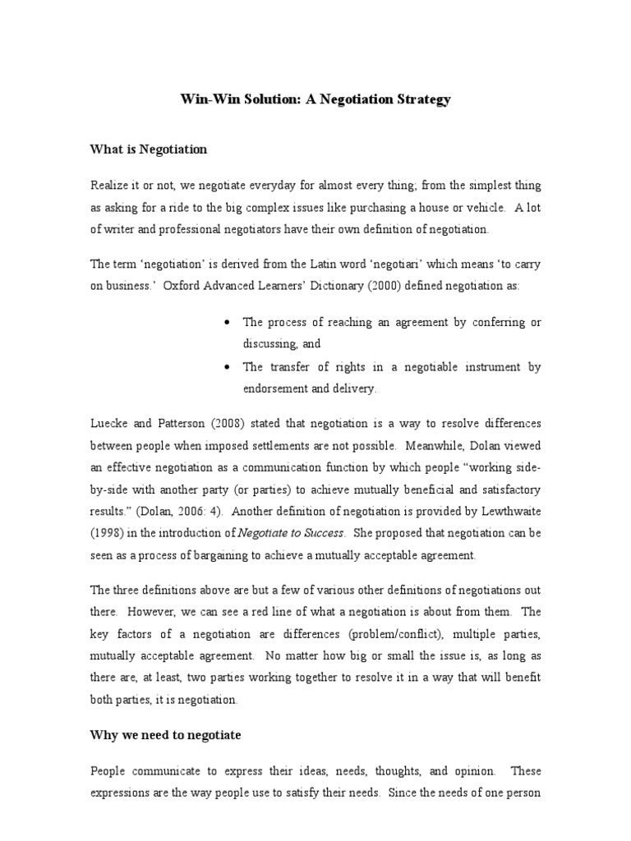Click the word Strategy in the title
[421, 99]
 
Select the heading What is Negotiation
[148, 149]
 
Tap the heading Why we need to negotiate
[165, 735]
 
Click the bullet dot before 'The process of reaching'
[227, 323]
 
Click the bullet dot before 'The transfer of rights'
[227, 367]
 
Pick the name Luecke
[110, 422]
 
